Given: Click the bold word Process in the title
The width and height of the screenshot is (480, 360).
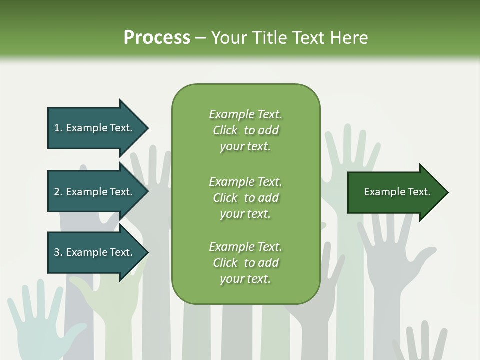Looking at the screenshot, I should point(157,38).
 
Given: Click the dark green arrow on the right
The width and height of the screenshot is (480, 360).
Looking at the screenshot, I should point(395,192).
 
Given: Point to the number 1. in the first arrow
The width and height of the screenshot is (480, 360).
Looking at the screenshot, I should point(58,128).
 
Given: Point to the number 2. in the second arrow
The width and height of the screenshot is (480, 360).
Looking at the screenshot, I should point(58,192).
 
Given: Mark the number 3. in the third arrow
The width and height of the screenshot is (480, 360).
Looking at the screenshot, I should point(58,252).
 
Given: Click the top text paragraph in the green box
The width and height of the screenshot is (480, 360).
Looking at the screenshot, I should point(245,130).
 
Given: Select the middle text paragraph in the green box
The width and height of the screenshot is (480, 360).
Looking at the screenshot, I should point(245,198).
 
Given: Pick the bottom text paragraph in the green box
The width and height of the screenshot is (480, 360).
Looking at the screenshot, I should point(245,263).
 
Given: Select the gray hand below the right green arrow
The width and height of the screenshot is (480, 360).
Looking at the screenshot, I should point(390,260).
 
